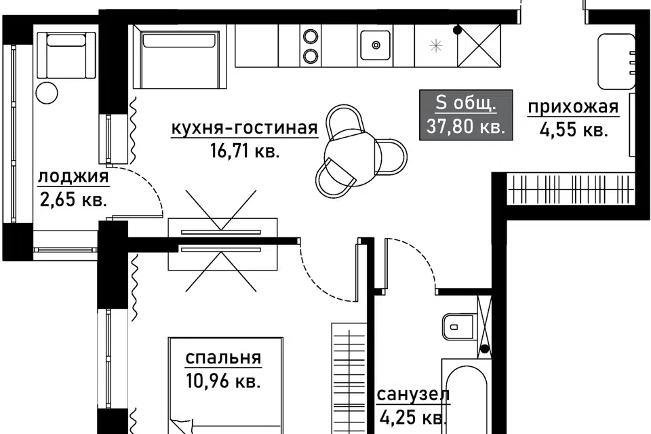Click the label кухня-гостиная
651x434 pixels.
[x=245, y=128]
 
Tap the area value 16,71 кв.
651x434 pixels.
[x=245, y=152]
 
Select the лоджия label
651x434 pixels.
[x=73, y=178]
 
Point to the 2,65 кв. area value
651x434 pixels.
[x=73, y=200]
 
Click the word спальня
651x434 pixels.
[x=223, y=358]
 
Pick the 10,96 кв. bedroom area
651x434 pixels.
[x=223, y=381]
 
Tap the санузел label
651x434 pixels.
[x=414, y=395]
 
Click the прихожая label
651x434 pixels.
[x=574, y=107]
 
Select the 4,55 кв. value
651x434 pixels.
[x=574, y=130]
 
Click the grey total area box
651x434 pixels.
[x=466, y=115]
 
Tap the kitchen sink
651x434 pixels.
[x=375, y=45]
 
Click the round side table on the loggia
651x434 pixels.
[x=47, y=94]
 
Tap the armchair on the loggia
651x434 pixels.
[x=66, y=55]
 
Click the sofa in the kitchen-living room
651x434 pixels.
[x=179, y=56]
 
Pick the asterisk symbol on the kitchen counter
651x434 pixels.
[x=436, y=45]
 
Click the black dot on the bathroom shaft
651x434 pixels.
[x=484, y=349]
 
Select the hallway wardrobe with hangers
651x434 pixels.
[x=571, y=189]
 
